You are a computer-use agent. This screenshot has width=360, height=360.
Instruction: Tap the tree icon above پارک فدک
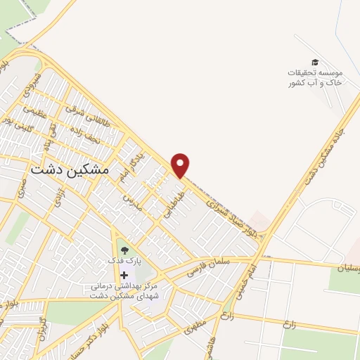coord(124,248)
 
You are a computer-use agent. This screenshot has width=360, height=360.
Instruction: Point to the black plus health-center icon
coord(124,274)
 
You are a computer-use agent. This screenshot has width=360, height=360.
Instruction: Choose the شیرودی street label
coord(35,84)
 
